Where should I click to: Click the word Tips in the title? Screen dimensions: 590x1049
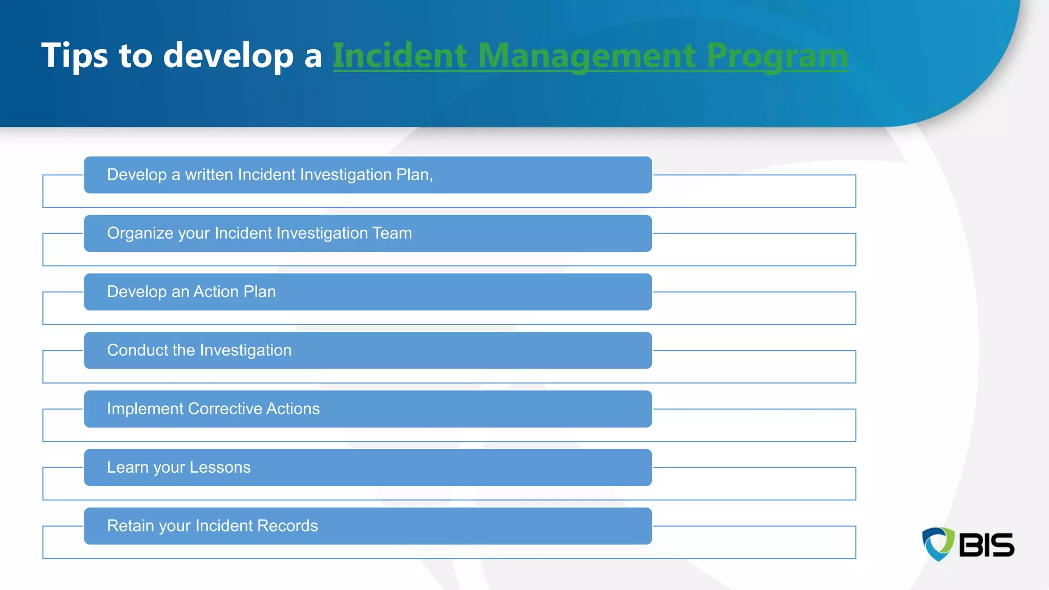[74, 55]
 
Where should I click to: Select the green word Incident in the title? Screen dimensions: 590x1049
[400, 55]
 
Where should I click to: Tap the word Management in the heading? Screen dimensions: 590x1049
[586, 55]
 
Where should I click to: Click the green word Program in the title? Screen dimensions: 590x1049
[777, 55]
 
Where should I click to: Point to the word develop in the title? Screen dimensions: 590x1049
[228, 55]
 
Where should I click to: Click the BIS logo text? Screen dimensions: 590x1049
[986, 545]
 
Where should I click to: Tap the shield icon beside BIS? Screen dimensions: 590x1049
[938, 544]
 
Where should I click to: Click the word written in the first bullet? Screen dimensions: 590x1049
[209, 175]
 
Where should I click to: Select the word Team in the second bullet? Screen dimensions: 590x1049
[392, 233]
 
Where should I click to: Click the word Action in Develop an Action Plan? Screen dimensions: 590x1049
[216, 291]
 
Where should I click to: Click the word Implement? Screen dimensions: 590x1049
[145, 409]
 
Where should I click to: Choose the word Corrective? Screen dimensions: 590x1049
[225, 409]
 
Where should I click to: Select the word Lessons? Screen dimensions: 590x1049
[220, 467]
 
